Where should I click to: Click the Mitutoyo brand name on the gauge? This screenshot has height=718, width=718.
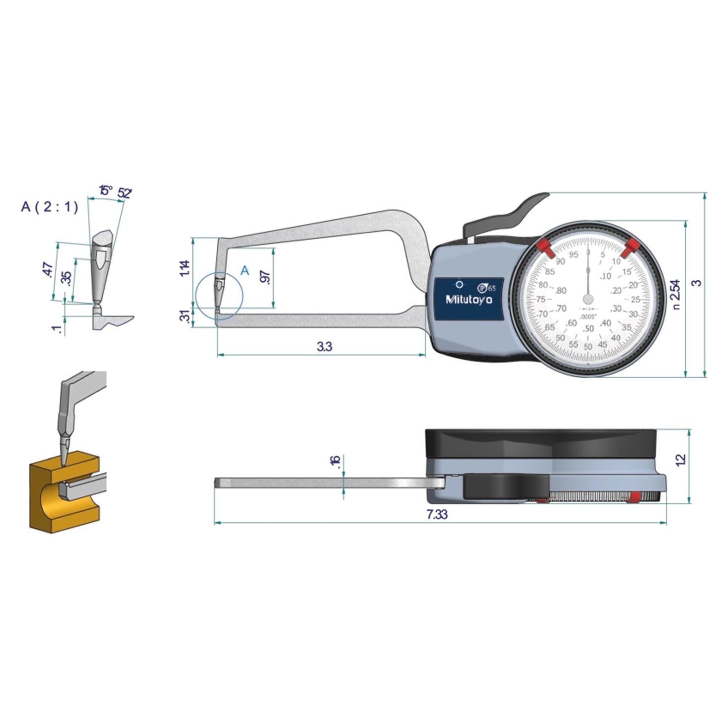click(x=469, y=300)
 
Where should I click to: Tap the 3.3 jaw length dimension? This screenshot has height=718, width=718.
click(x=324, y=346)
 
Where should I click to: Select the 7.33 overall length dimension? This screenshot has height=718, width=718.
click(x=437, y=514)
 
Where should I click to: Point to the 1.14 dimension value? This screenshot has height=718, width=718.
click(x=185, y=268)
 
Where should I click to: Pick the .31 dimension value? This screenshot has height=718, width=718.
click(x=184, y=317)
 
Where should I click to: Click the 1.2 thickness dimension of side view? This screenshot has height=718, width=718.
click(x=681, y=459)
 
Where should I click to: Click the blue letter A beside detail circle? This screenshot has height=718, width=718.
click(x=244, y=271)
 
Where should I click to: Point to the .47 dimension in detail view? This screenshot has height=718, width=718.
click(x=48, y=270)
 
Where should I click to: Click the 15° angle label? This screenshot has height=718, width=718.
click(x=105, y=190)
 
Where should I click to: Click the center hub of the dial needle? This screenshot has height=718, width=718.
click(x=588, y=299)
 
